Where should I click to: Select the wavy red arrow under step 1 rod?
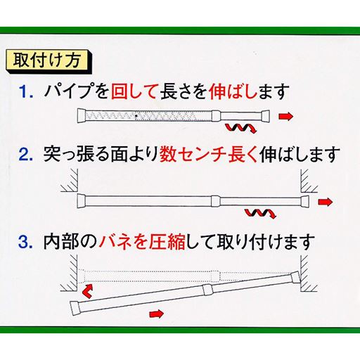pyautogui.click(x=238, y=129)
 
